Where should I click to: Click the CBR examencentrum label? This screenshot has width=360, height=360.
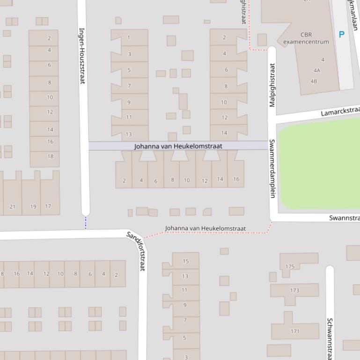tap(306, 38)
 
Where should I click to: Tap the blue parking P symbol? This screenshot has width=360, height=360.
tap(341, 34)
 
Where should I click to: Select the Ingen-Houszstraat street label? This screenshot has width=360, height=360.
tap(82, 56)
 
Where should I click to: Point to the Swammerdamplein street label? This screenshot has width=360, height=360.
tap(272, 168)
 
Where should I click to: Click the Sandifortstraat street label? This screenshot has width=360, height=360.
tap(137, 250)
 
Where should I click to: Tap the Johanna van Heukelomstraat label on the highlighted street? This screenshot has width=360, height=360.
tap(178, 146)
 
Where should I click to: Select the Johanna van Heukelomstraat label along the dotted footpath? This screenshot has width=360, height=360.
tap(205, 228)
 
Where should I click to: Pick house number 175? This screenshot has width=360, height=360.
tap(290, 266)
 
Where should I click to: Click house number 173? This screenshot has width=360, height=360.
tap(294, 290)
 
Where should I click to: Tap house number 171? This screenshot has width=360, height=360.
tap(295, 331)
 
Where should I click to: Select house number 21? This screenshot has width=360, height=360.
tap(12, 206)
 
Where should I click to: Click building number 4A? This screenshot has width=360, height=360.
tap(317, 71)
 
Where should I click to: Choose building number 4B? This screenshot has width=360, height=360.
tap(314, 81)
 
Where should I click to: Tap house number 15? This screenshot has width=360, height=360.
tap(185, 261)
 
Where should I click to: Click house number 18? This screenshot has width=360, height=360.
tap(50, 156)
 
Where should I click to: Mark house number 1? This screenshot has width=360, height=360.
tap(129, 37)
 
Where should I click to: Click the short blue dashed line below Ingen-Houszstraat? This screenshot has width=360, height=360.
tap(86, 223)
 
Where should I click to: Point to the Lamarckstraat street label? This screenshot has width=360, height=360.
tap(340, 112)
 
